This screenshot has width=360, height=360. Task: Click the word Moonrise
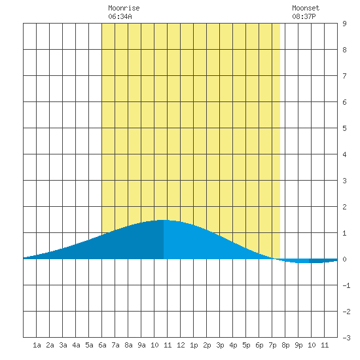click(x=124, y=9)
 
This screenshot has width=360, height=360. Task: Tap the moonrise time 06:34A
click(x=120, y=16)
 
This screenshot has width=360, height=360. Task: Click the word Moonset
click(x=306, y=9)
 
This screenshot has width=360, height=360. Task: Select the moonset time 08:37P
click(x=304, y=16)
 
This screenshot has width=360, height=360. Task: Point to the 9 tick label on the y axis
click(x=344, y=24)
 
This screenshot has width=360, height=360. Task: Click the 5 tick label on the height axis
click(x=344, y=128)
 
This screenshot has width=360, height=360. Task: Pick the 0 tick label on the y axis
click(x=344, y=259)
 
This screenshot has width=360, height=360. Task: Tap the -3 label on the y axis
click(x=346, y=338)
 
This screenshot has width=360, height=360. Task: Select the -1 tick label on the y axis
click(x=346, y=285)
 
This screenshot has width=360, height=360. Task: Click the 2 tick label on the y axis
click(x=344, y=207)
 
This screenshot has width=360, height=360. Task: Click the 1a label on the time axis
click(x=37, y=345)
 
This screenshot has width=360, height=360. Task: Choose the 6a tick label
click(x=102, y=345)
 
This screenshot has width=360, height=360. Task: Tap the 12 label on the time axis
click(x=181, y=345)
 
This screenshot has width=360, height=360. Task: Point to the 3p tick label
click(x=220, y=345)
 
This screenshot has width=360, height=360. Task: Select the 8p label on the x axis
click(x=285, y=345)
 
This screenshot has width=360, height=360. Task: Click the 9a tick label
click(x=141, y=345)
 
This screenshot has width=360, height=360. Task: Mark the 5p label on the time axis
click(x=246, y=345)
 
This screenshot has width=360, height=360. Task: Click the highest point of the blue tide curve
click(x=164, y=220)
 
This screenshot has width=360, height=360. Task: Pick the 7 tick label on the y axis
click(x=344, y=76)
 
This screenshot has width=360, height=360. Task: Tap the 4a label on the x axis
click(x=76, y=345)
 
